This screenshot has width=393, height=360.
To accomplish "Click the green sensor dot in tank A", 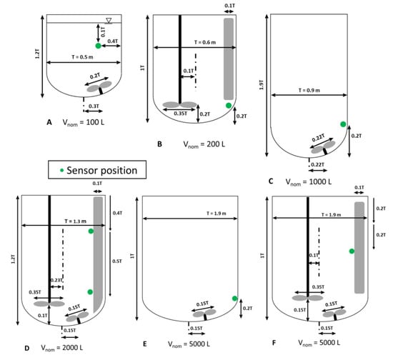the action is (99, 46).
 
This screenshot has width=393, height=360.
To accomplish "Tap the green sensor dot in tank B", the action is (229, 106).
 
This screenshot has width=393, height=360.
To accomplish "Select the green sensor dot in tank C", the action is (343, 124).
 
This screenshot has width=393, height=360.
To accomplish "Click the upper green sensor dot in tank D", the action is (91, 231).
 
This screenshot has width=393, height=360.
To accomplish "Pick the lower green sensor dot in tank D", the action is (90, 292).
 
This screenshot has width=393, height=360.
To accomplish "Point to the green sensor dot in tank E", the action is (234, 299).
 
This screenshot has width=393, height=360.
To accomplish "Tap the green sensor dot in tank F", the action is (352, 251).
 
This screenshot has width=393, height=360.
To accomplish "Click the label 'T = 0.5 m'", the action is (82, 57).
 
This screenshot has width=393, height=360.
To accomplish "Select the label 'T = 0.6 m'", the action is (205, 42).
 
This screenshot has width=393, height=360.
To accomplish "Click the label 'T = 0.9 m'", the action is (309, 90).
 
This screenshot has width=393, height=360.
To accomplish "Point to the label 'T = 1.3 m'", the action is (76, 221).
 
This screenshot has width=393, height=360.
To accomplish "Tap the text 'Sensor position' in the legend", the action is (102, 170).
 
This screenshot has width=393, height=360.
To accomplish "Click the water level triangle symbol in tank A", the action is (109, 21).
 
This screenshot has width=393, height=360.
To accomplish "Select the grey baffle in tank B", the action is (229, 59).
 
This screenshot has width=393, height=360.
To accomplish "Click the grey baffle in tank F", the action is (359, 248).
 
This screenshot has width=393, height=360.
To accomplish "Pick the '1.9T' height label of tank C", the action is (261, 85).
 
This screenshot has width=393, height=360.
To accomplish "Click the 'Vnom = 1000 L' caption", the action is (309, 182).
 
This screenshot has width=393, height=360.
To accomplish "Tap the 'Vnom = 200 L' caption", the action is (204, 144).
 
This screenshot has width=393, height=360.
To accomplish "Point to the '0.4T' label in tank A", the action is (112, 41).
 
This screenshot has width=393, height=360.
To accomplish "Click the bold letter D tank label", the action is (27, 349).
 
